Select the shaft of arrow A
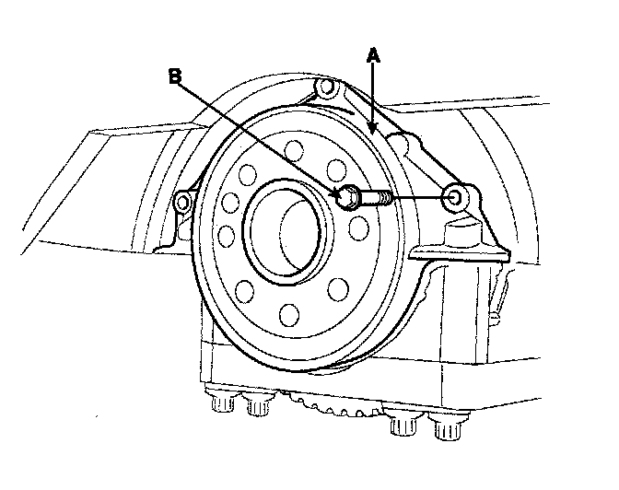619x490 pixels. point(373,92)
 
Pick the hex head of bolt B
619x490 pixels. point(348,196)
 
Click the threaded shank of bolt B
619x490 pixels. point(377,196)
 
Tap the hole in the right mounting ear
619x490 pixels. point(456,195)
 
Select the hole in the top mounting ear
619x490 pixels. point(323,89)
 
